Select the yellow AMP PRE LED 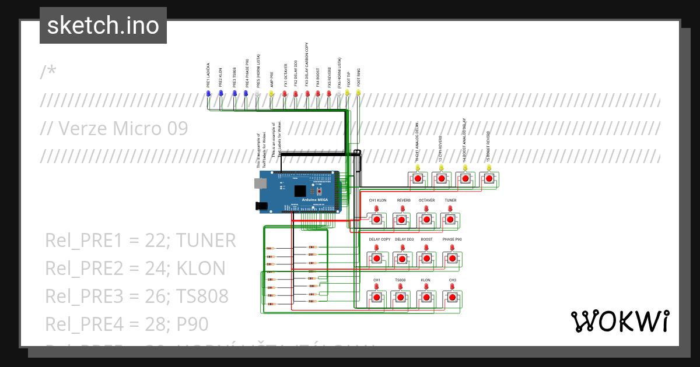(271, 93)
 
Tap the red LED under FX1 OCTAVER (285, 93)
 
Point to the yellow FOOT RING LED (358, 93)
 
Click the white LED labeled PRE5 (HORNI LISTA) (258, 93)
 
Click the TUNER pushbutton (449, 220)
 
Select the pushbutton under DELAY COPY (377, 258)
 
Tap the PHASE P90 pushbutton (452, 258)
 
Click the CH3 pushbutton (452, 298)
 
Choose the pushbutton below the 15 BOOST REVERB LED (489, 178)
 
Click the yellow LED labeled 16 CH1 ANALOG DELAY (418, 168)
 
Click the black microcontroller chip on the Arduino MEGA (300, 191)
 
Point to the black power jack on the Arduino (261, 206)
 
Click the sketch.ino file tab (103, 26)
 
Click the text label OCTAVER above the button (426, 200)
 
